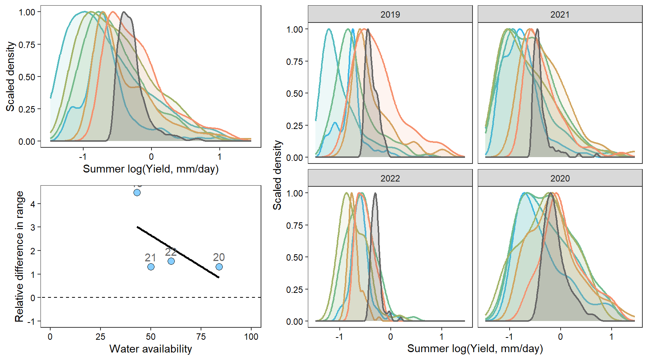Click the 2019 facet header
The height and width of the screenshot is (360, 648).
point(390,14)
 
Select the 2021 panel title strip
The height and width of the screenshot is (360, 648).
point(559,14)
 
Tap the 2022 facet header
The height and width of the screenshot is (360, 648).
point(390,178)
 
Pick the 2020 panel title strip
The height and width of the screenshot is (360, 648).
point(559,178)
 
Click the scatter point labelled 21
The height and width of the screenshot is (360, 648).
point(151,267)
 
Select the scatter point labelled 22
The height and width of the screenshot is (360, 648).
point(171,261)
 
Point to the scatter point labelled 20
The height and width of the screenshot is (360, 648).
point(219,267)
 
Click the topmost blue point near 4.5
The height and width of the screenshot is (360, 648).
point(137,192)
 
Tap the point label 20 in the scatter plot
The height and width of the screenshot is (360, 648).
point(219,257)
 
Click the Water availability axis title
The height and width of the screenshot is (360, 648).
point(150,349)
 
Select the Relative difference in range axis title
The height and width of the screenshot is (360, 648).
point(19,256)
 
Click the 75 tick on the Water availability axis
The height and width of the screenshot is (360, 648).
point(201,337)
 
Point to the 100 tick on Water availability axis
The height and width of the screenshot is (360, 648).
point(251,337)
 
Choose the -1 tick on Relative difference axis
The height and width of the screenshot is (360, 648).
point(33,321)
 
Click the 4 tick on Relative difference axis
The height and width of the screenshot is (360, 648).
point(33,204)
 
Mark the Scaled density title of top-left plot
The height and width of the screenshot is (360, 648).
point(10,76)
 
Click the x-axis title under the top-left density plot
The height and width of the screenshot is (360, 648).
point(150,169)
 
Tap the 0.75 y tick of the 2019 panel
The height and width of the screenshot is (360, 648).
point(294,61)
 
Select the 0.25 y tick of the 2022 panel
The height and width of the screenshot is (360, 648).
point(294,289)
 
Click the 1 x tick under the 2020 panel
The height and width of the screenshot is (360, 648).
point(611,337)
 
